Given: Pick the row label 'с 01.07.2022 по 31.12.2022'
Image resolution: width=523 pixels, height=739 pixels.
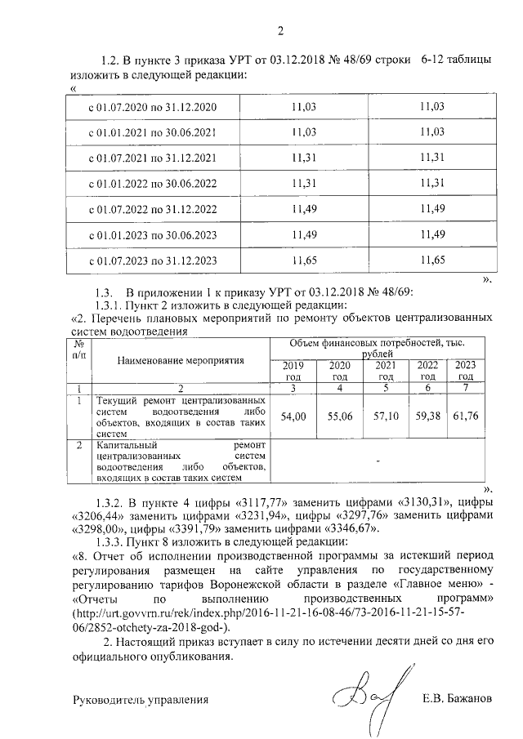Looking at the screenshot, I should click(152, 209).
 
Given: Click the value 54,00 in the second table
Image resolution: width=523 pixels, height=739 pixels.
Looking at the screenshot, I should click(293, 416).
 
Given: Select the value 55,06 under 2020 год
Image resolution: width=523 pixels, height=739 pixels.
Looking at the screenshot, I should click(338, 416).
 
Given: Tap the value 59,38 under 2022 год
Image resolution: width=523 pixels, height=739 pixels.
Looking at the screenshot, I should click(427, 416).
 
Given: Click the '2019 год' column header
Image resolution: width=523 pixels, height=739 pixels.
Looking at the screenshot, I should click(293, 370).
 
